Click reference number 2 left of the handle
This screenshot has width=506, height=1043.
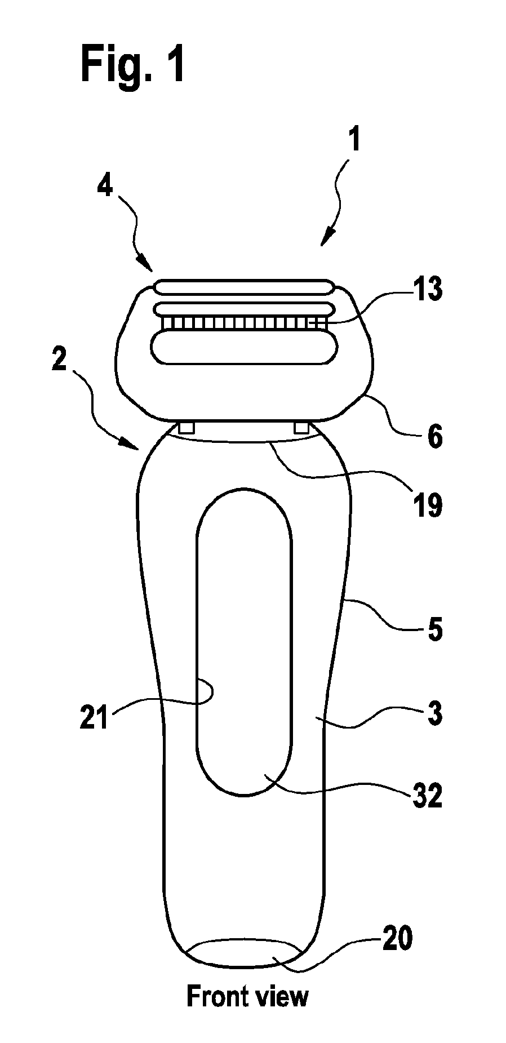click(60, 357)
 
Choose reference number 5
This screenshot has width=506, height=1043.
click(434, 629)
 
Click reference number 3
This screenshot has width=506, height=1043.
click(434, 713)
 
